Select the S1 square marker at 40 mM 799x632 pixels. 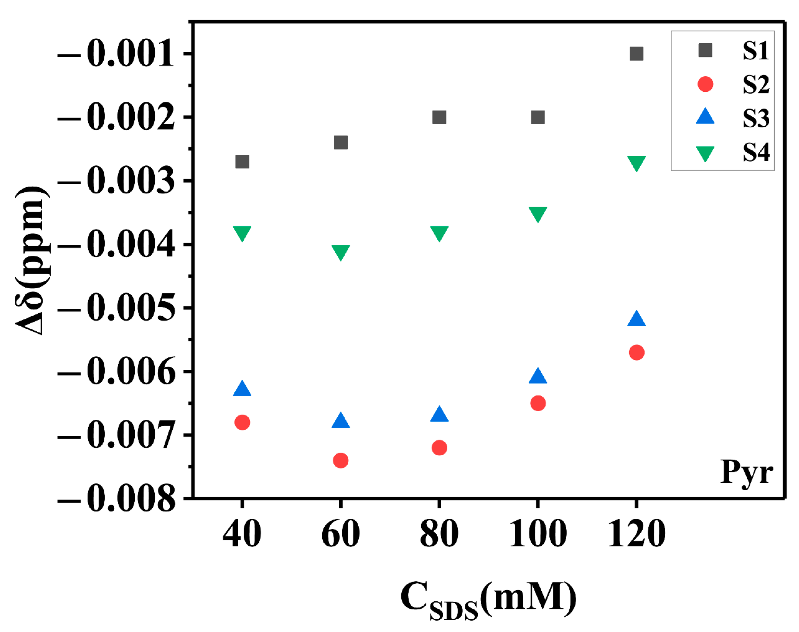(x=242, y=161)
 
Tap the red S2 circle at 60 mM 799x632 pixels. (x=340, y=460)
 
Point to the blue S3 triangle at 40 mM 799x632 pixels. (x=242, y=389)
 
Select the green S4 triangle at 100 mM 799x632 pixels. (x=537, y=214)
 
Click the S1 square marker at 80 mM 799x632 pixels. (x=439, y=117)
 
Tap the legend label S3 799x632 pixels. (x=755, y=118)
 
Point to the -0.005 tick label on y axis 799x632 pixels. (x=116, y=308)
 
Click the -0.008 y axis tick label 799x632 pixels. (x=116, y=499)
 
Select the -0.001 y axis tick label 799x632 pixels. (x=116, y=54)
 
